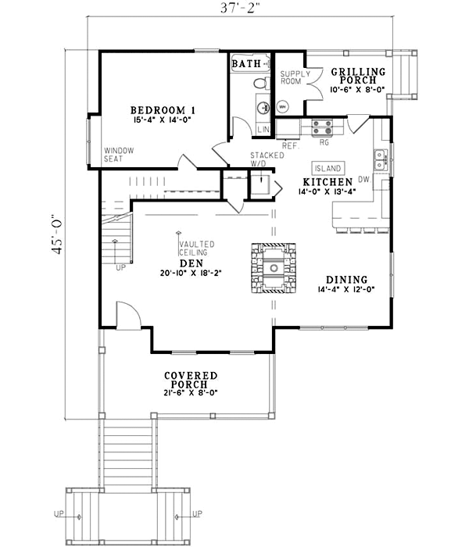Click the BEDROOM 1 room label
click(163, 109)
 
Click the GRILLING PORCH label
click(358, 76)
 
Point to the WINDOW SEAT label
click(119, 154)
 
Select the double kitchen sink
click(381, 159)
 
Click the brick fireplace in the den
click(274, 268)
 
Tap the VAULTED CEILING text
click(192, 249)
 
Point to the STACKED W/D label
click(261, 160)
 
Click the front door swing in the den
click(127, 316)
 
